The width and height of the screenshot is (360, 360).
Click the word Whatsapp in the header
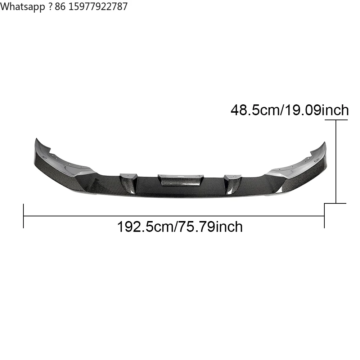click(22, 6)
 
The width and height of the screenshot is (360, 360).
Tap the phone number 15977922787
click(98, 6)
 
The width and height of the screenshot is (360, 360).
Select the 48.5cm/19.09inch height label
click(289, 110)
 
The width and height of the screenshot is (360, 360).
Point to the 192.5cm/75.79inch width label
click(180, 226)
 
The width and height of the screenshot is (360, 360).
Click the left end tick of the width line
click(23, 216)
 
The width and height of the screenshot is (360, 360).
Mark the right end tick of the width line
click(324, 216)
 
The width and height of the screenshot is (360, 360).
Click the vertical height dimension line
click(336, 161)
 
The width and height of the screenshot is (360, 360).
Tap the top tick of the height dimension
click(336, 120)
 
